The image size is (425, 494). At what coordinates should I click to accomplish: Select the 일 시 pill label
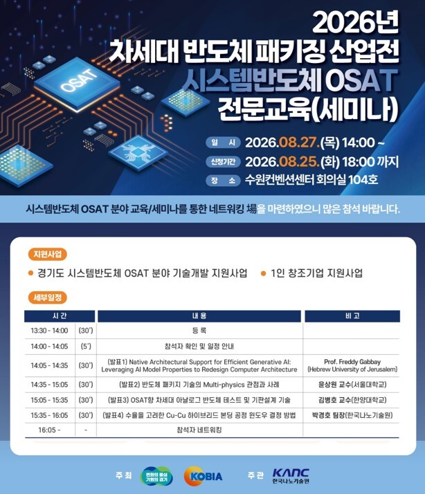223,143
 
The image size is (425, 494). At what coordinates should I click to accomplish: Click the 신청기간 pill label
223,162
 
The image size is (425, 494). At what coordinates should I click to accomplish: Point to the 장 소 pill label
223,181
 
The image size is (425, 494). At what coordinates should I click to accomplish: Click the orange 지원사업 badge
48,254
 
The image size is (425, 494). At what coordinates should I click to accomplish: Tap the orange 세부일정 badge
48,298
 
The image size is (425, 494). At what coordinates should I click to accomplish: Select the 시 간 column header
60,316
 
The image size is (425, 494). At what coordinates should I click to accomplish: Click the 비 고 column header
352,316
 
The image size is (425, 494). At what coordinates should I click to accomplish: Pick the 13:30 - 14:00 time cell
50,331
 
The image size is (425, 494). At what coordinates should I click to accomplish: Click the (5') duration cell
86,346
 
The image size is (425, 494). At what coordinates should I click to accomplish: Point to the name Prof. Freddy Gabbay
352,362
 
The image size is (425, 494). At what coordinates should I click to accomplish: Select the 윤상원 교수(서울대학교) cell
352,385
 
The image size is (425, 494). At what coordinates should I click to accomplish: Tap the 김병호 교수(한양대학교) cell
352,400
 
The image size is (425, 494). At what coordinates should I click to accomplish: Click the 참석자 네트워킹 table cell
199,430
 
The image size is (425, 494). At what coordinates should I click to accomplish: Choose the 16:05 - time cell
50,430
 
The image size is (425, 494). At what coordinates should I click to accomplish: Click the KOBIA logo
204,476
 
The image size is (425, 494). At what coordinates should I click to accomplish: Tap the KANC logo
291,476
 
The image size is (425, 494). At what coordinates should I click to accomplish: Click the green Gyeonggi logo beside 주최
156,476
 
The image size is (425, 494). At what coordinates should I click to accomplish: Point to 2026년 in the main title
355,23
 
